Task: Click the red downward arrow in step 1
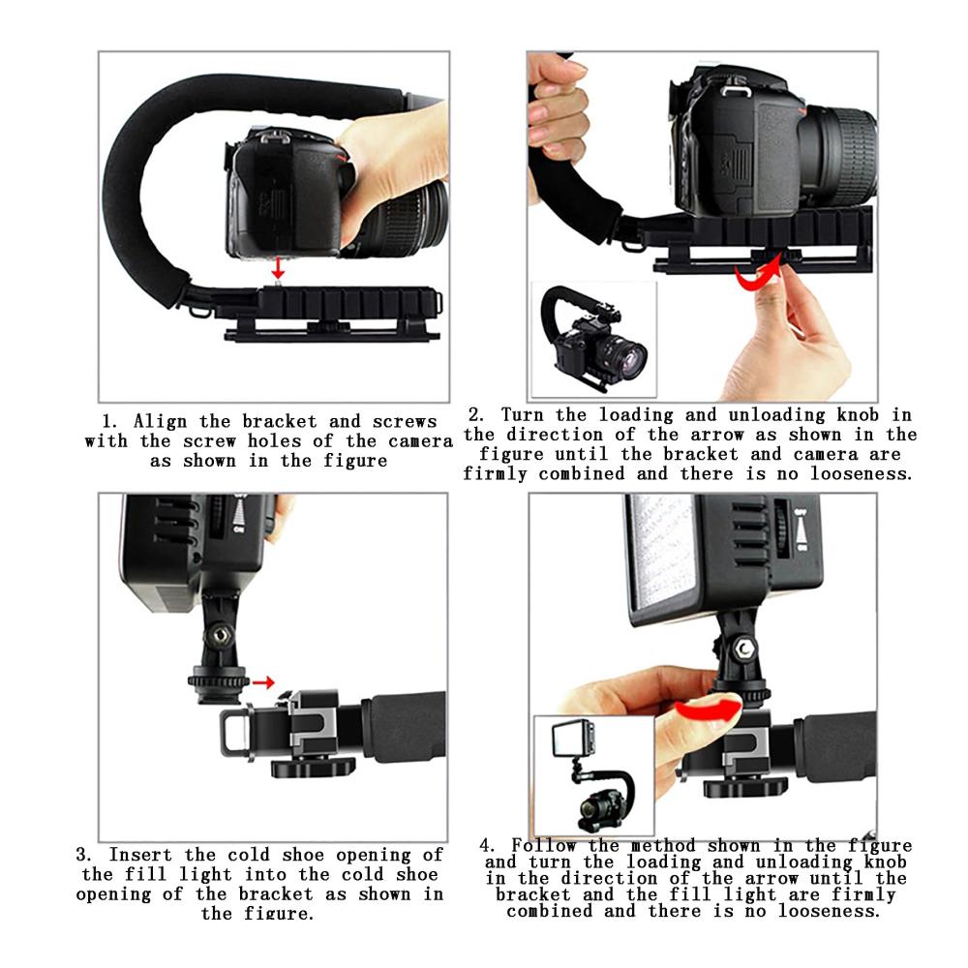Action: click(278, 267)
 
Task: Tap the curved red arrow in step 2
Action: click(756, 275)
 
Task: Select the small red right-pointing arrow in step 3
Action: click(263, 682)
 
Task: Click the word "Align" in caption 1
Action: click(160, 422)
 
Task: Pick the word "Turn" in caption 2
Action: click(522, 415)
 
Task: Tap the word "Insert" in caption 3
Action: click(140, 855)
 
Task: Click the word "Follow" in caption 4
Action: click(544, 845)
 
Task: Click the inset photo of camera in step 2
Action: click(594, 340)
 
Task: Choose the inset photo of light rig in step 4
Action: click(594, 776)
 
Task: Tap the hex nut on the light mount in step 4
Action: click(744, 649)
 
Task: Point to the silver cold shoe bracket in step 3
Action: click(311, 723)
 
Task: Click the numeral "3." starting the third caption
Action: click(84, 855)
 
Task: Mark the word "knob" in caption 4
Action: click(885, 862)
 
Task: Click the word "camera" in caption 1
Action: click(421, 441)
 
